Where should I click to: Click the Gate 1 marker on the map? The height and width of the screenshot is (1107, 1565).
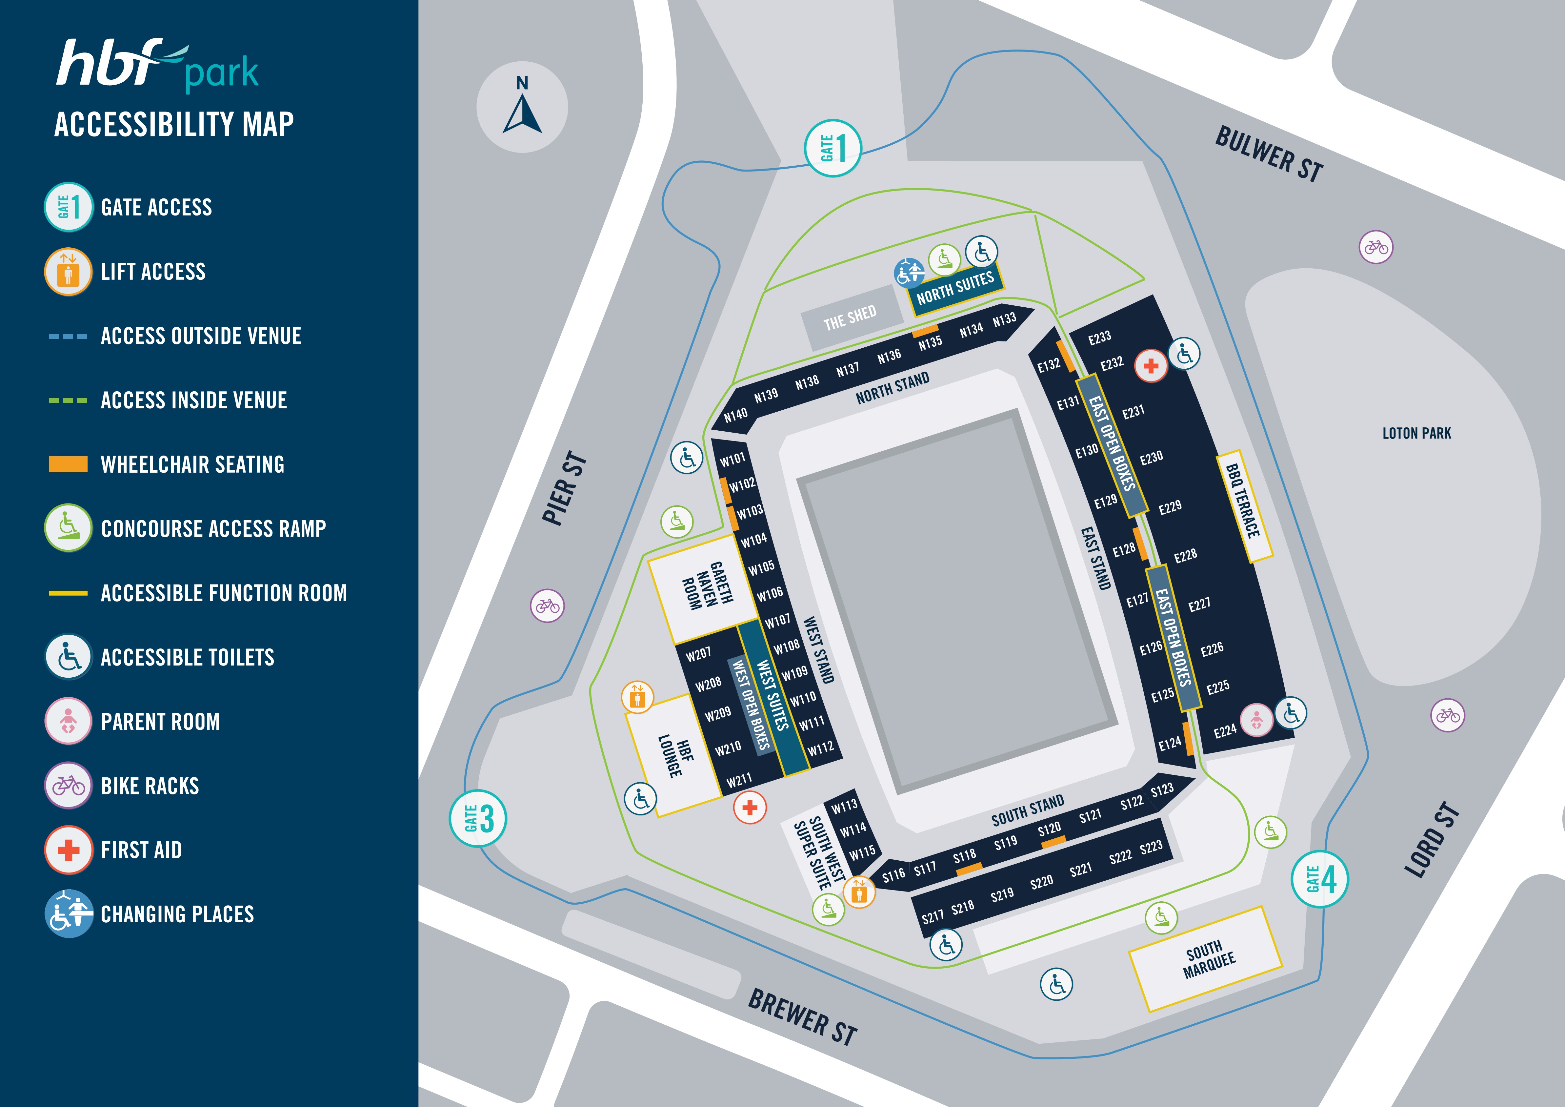[832, 148]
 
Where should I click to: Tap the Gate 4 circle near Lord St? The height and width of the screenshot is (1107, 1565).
[1320, 879]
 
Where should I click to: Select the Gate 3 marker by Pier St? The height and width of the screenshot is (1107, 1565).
[478, 818]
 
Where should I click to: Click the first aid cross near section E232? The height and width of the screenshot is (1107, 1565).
[1151, 366]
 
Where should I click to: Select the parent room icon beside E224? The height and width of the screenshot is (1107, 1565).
[1256, 721]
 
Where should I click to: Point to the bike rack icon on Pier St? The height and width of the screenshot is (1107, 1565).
[547, 605]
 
